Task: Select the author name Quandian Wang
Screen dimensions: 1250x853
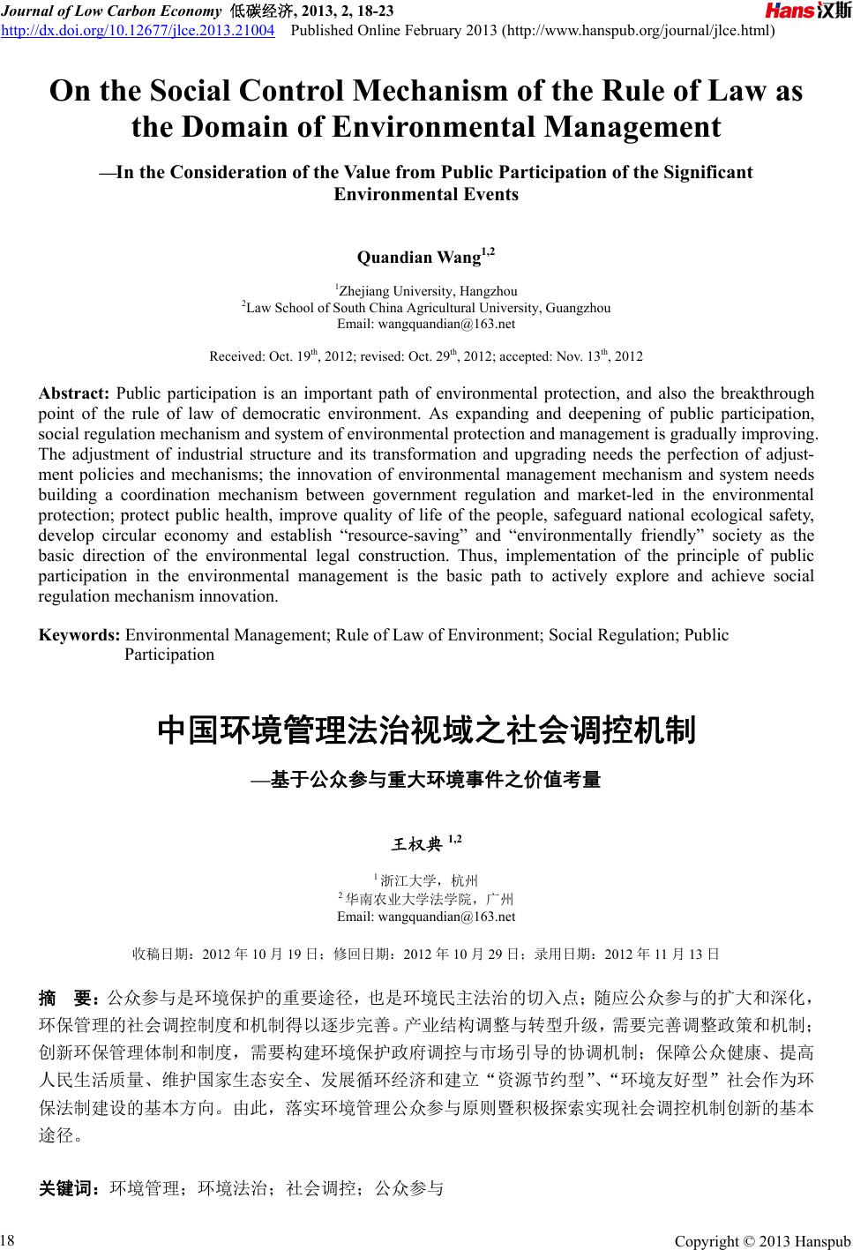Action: tap(419, 258)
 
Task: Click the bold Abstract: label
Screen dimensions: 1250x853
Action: tap(74, 393)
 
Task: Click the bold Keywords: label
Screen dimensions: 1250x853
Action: tap(79, 634)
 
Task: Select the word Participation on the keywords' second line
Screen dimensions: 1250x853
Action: tap(169, 655)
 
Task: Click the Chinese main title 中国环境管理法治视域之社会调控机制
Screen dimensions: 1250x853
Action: tap(426, 730)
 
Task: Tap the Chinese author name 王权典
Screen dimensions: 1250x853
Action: tap(415, 844)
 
